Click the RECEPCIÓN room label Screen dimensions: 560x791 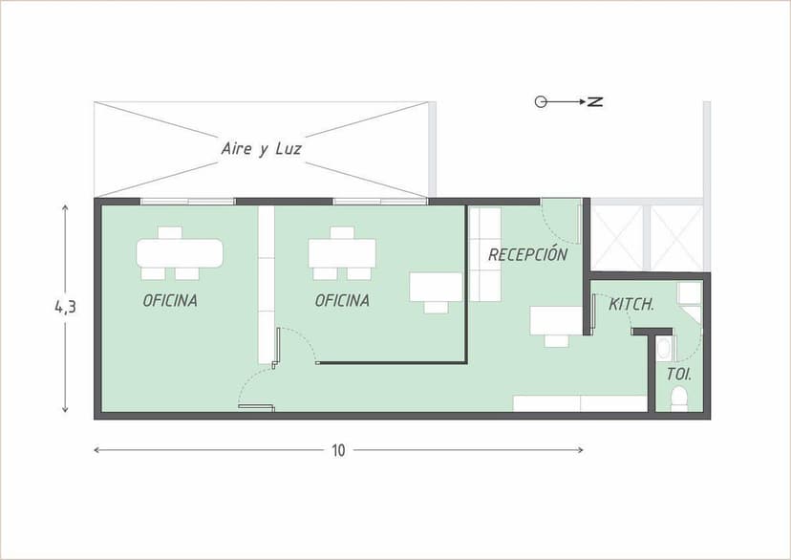pyautogui.click(x=527, y=255)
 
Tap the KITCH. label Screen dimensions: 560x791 pyautogui.click(x=631, y=305)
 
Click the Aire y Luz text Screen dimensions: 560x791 pyautogui.click(x=262, y=148)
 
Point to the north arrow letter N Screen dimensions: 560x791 pyautogui.click(x=595, y=101)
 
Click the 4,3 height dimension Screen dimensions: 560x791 pyautogui.click(x=65, y=307)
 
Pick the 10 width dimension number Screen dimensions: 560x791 pyautogui.click(x=338, y=451)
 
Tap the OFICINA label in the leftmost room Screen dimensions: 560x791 pyautogui.click(x=170, y=300)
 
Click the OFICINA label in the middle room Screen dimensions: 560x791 pyautogui.click(x=342, y=300)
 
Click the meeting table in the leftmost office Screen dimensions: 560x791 pyautogui.click(x=180, y=253)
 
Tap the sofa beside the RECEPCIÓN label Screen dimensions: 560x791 pyautogui.click(x=484, y=254)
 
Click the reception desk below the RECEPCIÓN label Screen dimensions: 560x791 pyautogui.click(x=556, y=320)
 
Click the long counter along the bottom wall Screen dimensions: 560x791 pyautogui.click(x=580, y=403)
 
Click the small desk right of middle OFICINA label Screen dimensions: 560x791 pyautogui.click(x=436, y=287)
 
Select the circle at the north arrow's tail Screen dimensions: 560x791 pyautogui.click(x=540, y=101)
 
